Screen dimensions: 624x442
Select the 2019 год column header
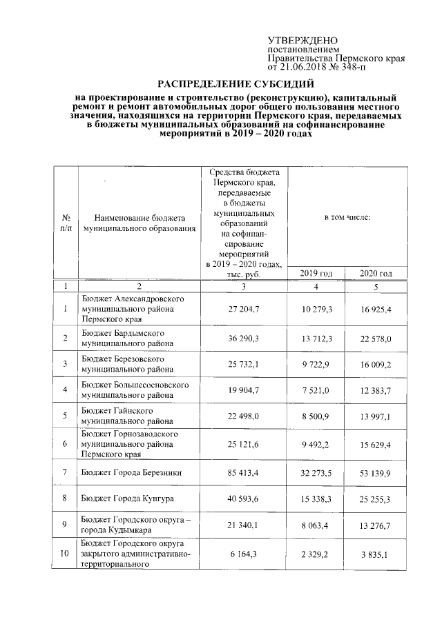316,274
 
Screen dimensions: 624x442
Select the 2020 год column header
376,274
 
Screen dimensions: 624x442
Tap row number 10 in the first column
65,554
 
